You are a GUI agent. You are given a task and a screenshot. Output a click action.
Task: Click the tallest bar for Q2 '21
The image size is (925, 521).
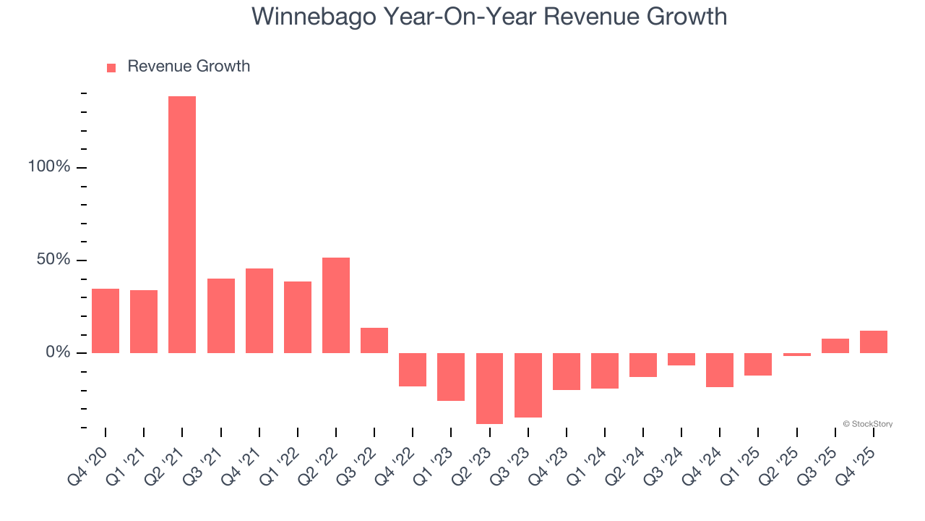[182, 224]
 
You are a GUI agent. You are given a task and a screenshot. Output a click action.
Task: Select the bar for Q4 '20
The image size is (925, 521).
[106, 321]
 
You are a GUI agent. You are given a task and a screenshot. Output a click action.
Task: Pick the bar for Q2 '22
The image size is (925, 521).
[336, 305]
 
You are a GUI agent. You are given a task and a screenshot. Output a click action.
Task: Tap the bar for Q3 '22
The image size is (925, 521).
[374, 340]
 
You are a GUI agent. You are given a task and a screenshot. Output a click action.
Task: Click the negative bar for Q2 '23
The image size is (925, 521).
[489, 388]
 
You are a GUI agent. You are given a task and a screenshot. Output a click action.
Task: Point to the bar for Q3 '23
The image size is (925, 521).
[528, 385]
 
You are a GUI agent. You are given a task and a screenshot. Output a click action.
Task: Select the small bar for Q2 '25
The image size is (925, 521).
[797, 355]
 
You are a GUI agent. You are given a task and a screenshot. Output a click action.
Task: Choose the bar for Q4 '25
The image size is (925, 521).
[874, 342]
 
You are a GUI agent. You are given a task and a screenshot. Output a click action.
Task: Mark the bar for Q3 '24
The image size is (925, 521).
[681, 359]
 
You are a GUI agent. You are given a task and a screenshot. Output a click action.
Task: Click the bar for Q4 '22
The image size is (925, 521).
[413, 370]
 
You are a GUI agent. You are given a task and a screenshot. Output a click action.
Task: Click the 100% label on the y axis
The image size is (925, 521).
[49, 167]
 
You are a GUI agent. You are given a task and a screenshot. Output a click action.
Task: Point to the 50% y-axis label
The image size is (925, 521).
[53, 260]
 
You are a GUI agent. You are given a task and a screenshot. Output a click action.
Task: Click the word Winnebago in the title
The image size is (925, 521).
[314, 17]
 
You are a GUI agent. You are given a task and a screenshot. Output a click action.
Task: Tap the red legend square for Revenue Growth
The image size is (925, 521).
[111, 68]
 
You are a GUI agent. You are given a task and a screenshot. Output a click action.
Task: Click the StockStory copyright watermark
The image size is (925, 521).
[867, 424]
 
